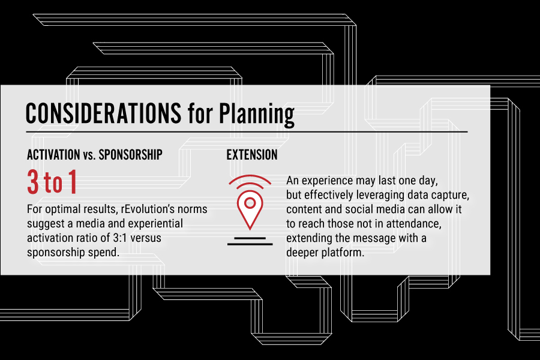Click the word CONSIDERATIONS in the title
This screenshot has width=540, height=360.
[103, 113]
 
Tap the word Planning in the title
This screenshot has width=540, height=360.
[257, 115]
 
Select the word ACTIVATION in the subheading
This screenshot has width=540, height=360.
[53, 155]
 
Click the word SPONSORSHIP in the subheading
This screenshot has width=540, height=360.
[131, 155]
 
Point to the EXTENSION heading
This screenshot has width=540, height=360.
[252, 155]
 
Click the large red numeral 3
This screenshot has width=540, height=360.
[33, 182]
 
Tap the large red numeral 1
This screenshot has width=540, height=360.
[73, 182]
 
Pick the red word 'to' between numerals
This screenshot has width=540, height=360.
[53, 183]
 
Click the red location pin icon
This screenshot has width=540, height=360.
[250, 209]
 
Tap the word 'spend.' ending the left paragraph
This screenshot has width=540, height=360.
[104, 253]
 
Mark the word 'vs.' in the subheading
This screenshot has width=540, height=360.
[89, 155]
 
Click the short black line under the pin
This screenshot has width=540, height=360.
[250, 238]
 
